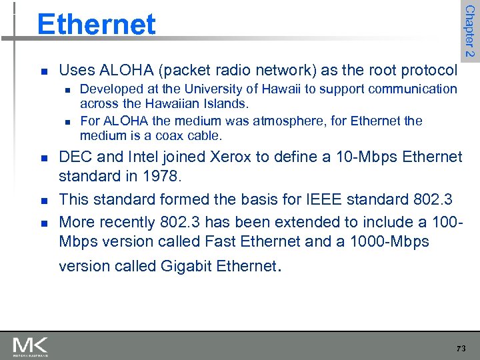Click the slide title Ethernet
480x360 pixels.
(x=96, y=25)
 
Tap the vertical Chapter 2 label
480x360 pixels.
(x=469, y=31)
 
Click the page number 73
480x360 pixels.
(x=461, y=349)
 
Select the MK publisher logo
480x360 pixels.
(x=30, y=347)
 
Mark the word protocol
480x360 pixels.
(x=433, y=70)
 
